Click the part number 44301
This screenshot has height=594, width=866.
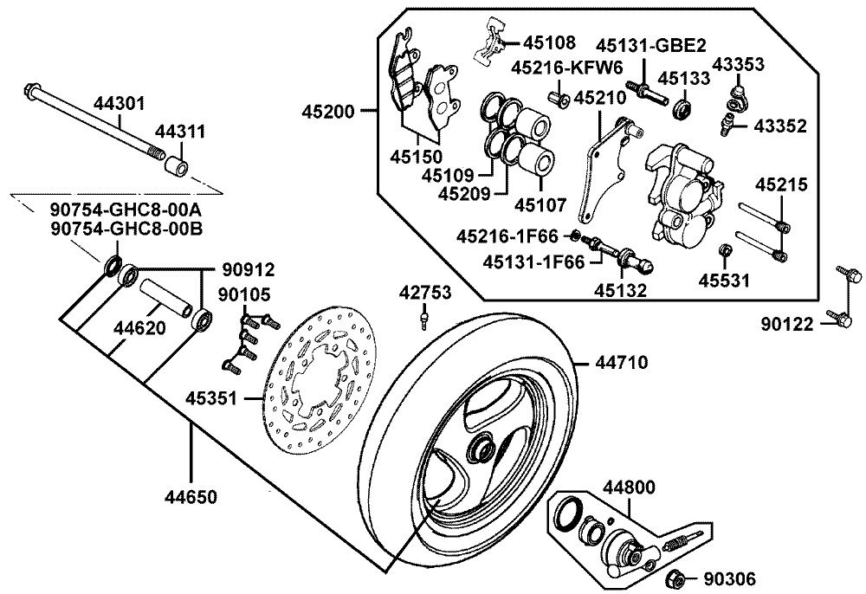119,103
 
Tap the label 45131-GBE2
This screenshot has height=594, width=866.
650,45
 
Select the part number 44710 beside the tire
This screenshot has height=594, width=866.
621,363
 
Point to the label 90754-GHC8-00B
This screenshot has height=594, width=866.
126,228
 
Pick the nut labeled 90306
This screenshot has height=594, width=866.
675,579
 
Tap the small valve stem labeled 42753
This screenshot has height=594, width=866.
423,320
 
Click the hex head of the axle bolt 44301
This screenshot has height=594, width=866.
32,90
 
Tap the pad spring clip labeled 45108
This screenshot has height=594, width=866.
490,43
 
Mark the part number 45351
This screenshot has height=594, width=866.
210,398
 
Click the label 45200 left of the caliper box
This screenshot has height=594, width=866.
327,112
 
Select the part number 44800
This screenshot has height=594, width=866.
629,487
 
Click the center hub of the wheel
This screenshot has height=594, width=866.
480,449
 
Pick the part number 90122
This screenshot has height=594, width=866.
787,324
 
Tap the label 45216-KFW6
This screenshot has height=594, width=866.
566,68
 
